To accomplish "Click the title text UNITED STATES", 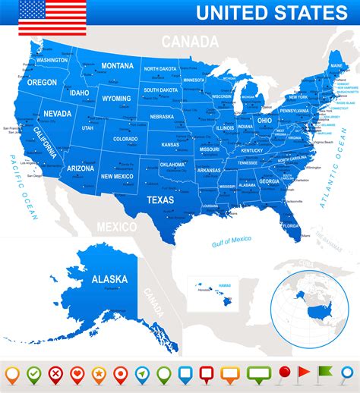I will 271,12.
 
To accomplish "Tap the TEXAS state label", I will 159,200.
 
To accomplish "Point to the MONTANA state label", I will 117,65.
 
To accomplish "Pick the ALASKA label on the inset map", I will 109,278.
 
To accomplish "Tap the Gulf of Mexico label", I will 231,241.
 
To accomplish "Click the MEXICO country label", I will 116,226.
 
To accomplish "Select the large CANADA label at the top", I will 185,41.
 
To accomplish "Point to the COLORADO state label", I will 125,139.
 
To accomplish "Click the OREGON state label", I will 43,82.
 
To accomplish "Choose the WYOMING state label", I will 116,98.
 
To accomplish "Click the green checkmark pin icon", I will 33,374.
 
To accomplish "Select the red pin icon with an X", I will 55,374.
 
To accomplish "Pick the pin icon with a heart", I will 77,374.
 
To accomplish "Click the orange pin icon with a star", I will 99,374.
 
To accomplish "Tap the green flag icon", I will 325,373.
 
